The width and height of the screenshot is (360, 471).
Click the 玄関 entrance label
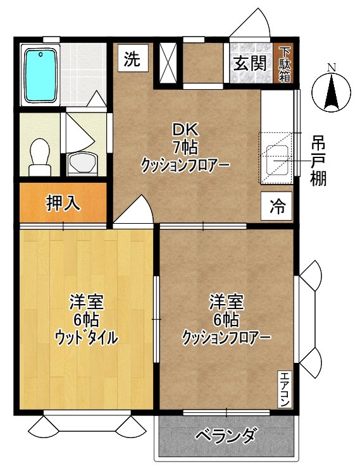[248, 64]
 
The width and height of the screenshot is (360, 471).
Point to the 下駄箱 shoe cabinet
[285, 64]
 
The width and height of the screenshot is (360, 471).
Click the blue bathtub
[41, 76]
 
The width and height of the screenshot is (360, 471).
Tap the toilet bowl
[39, 155]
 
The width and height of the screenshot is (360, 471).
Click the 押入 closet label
[63, 203]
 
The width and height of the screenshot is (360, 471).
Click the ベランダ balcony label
[225, 436]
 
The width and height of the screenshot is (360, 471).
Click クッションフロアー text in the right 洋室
[226, 337]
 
